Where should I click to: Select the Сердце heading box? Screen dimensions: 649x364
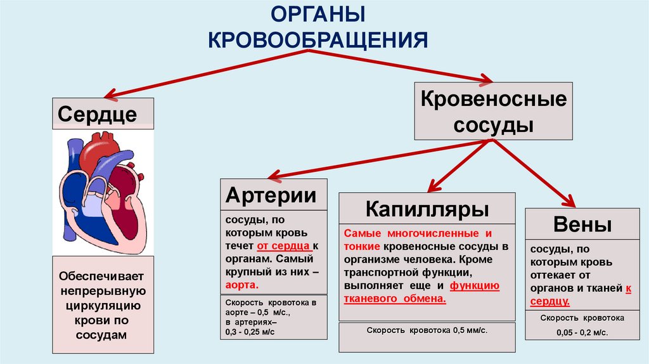102,114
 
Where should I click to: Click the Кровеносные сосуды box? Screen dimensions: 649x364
494,111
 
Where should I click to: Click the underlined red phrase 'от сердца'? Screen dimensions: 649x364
283,245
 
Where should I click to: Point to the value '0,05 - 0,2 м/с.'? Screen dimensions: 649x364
581,332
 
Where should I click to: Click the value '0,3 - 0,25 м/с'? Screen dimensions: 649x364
250,332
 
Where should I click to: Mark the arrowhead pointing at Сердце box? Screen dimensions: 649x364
109,95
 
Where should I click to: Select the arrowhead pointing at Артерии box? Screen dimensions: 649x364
273,176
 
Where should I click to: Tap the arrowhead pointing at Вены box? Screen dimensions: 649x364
569,202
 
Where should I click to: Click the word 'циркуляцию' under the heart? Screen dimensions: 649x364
103,306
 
